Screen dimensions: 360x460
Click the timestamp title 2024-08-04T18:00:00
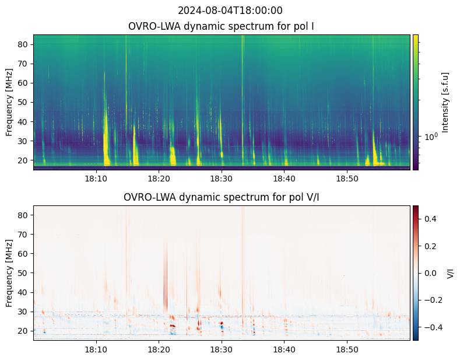[x=230, y=11]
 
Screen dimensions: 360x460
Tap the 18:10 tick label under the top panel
[x=96, y=178]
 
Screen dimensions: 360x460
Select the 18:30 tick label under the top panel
[x=221, y=178]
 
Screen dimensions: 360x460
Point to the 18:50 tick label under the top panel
[x=347, y=178]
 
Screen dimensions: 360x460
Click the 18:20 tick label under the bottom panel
[x=159, y=349]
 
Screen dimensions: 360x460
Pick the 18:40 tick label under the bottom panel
[x=284, y=349]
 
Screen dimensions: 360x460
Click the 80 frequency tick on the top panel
[x=24, y=44]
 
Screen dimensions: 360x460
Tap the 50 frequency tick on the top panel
[x=24, y=102]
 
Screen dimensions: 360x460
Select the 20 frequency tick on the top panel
[x=24, y=160]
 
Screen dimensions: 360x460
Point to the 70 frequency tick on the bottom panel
[x=24, y=235]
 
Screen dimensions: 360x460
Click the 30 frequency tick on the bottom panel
[x=24, y=312]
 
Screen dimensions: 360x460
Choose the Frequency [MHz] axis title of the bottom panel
[x=9, y=273]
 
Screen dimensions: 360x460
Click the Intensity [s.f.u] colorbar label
[x=446, y=102]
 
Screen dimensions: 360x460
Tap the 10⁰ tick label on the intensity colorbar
[x=430, y=137]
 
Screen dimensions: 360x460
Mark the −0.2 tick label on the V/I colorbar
[x=432, y=300]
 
